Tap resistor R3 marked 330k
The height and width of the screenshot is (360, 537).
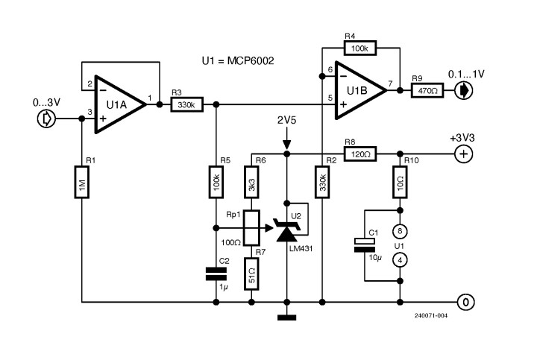185,106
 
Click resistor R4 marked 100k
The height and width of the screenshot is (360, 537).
361,48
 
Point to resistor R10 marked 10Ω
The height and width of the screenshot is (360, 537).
401,181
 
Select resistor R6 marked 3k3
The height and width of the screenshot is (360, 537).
252,183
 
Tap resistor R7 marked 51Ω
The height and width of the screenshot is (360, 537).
252,273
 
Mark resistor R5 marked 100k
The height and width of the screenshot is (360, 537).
216,183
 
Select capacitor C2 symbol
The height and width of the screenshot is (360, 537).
216,275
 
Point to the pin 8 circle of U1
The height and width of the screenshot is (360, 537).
401,230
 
